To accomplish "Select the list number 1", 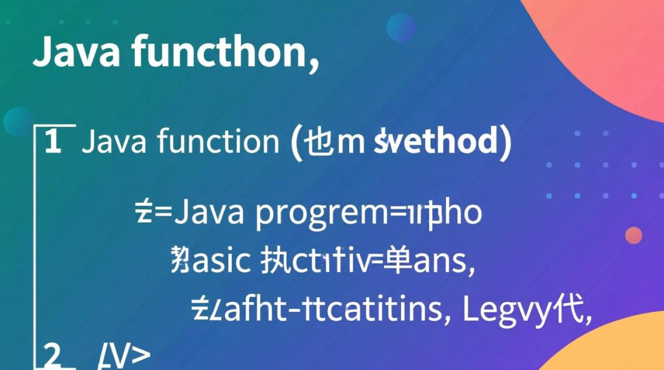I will [53, 142].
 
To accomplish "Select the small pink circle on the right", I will [633, 235].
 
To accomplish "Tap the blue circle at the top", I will [401, 27].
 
